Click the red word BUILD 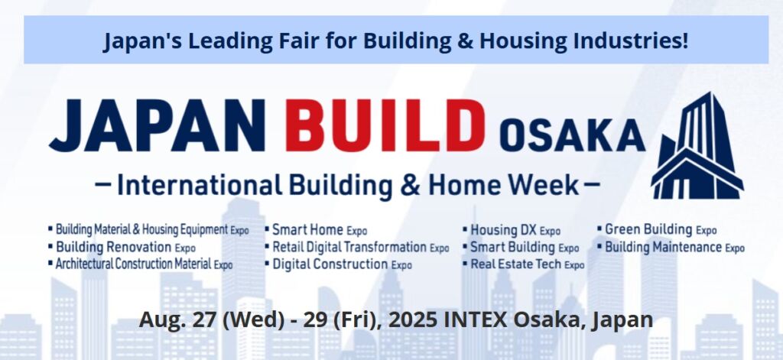point(385,126)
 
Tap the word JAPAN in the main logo point(157,126)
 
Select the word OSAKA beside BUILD point(572,136)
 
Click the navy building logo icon point(697,145)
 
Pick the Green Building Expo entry point(657,229)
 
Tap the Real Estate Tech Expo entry point(523,264)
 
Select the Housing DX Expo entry point(512,230)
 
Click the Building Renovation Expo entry point(122,247)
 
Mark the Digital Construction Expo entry point(339,264)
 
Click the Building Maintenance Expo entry point(671,247)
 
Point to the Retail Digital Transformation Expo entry point(357,247)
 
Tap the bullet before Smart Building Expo point(466,247)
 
